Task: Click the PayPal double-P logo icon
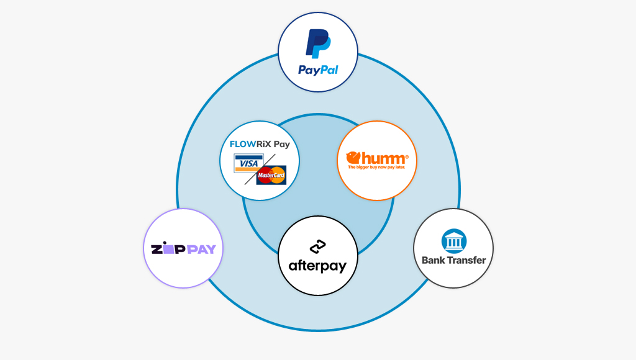[317, 44]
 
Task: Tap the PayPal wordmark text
[318, 70]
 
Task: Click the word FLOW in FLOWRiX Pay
[242, 144]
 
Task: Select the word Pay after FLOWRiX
[282, 144]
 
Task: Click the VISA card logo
[247, 164]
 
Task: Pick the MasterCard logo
[271, 176]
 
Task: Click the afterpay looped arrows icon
[318, 246]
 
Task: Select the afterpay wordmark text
[317, 266]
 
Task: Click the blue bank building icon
[453, 241]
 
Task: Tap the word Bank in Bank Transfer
[434, 260]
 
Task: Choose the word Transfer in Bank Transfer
[466, 260]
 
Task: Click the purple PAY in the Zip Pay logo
[200, 249]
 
